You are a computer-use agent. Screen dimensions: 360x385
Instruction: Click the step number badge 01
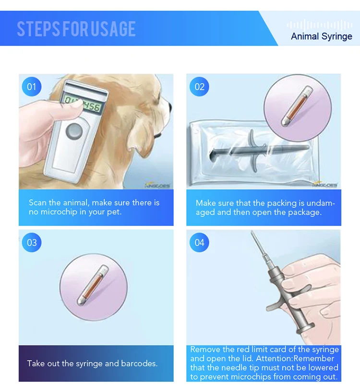click(x=31, y=87)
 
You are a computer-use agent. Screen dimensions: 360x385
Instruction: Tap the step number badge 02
click(x=199, y=87)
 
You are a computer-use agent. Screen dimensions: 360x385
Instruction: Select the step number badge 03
click(x=31, y=242)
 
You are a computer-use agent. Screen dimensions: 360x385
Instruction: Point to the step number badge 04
click(x=199, y=242)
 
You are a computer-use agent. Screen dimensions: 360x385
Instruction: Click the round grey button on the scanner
click(x=74, y=131)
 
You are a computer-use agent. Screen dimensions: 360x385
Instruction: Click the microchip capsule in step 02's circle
click(x=297, y=106)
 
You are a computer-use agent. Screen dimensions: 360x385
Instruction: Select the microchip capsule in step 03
click(x=93, y=285)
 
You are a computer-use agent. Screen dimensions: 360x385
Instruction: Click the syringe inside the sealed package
click(x=259, y=151)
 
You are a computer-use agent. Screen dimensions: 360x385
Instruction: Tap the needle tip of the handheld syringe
click(x=252, y=231)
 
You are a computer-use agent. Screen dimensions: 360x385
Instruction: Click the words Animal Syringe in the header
click(x=322, y=36)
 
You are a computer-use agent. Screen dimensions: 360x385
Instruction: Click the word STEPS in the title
click(x=38, y=29)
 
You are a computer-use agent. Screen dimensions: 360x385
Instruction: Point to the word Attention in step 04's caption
click(x=274, y=359)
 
